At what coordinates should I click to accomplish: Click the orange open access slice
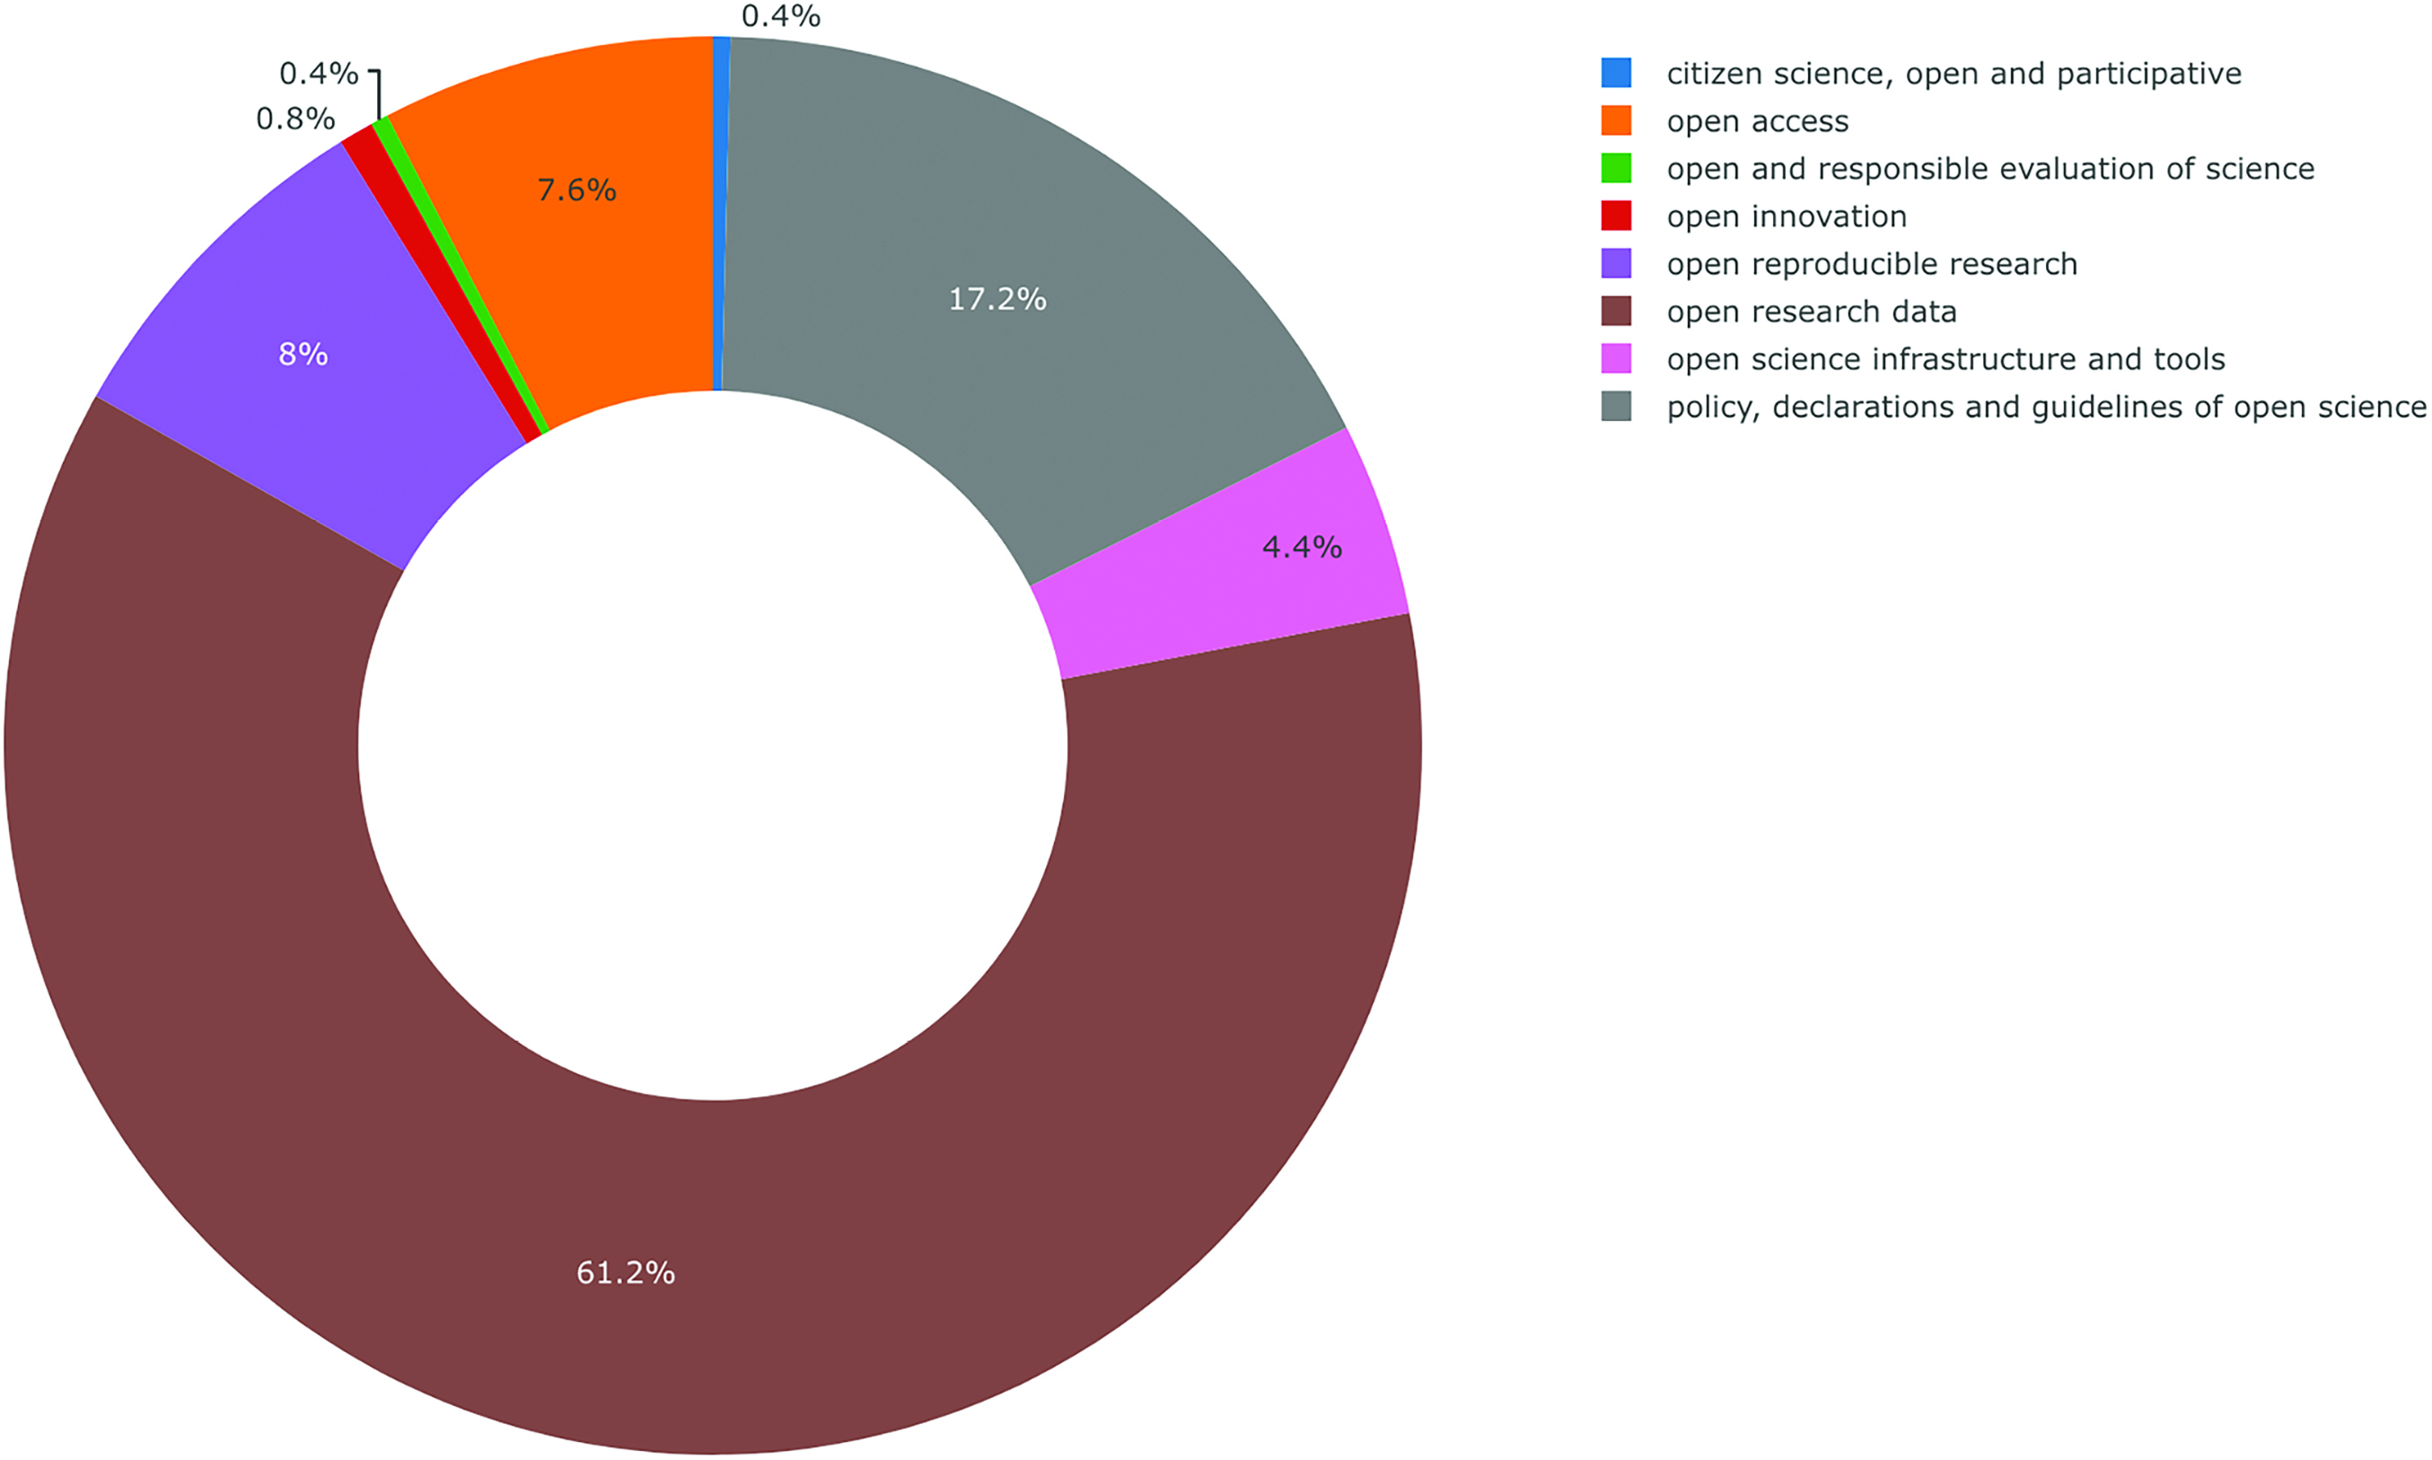point(590,246)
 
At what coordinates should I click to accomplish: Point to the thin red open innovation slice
point(443,286)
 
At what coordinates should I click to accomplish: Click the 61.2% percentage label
point(626,1273)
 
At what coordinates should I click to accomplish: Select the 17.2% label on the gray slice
point(997,299)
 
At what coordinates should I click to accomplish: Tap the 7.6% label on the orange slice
point(576,189)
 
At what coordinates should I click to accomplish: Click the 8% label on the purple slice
point(303,354)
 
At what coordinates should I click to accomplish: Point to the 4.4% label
point(1301,547)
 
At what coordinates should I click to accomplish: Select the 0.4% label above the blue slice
point(781,16)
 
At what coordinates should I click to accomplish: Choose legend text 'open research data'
point(1812,312)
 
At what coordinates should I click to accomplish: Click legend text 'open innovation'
point(1787,216)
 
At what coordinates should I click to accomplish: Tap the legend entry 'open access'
point(1758,121)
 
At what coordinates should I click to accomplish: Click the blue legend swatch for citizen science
point(1616,73)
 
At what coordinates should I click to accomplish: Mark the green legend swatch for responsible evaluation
point(1616,168)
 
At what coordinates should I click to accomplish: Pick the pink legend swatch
point(1616,359)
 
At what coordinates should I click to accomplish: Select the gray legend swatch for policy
point(1616,407)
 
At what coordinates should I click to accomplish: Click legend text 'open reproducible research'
point(1872,264)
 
